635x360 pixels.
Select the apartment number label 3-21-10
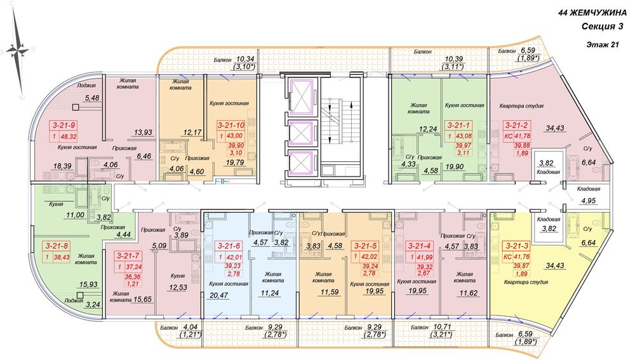tap(231, 125)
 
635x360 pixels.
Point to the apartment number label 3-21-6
tap(229, 246)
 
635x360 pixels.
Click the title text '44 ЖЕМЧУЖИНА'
tap(592, 13)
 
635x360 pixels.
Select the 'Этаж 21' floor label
tap(602, 45)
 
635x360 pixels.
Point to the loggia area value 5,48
tap(92, 98)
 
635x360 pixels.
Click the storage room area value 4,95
tap(589, 201)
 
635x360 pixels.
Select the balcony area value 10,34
tap(245, 60)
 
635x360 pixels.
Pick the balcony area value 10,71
tap(442, 326)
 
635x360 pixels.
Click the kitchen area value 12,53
tap(178, 288)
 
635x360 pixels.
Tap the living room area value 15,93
tap(89, 284)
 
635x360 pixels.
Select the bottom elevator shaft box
tap(301, 163)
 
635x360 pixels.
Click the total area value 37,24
tap(135, 267)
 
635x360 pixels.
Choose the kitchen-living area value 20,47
tap(219, 296)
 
